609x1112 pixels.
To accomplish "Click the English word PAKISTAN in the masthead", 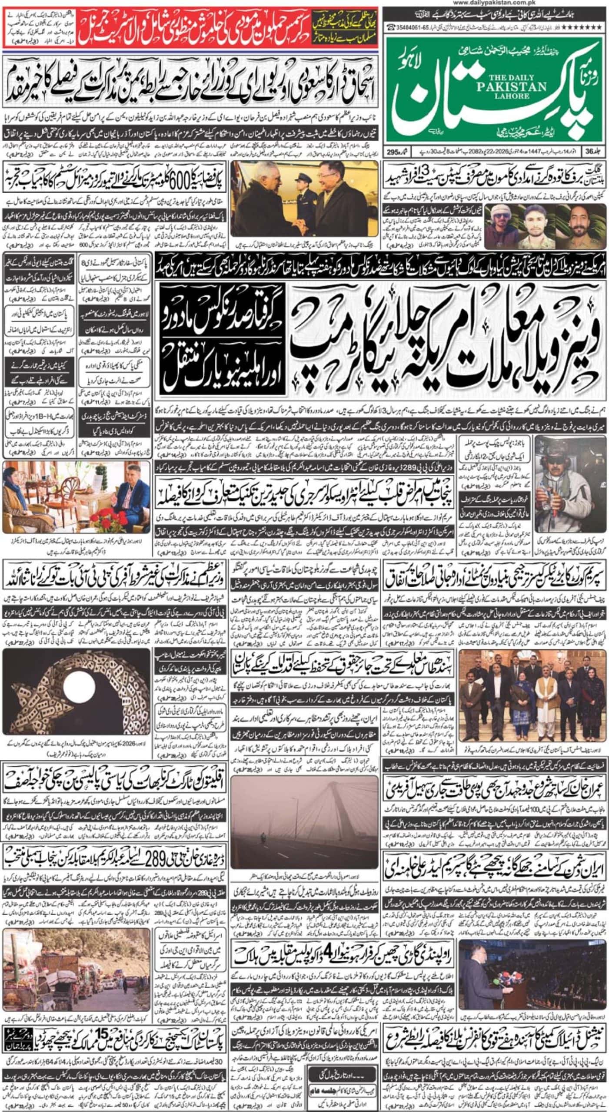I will [x=511, y=87].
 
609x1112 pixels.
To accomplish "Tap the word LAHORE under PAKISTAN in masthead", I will [x=511, y=96].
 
